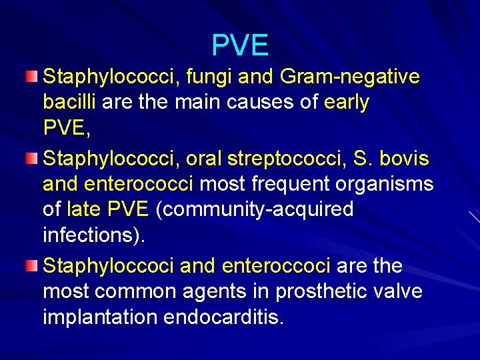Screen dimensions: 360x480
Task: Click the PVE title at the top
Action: [x=240, y=45]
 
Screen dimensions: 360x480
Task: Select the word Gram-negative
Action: [x=351, y=77]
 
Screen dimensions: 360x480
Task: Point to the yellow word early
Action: [x=346, y=103]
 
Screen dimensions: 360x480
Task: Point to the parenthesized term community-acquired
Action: [x=254, y=209]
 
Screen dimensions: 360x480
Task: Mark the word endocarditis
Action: [x=225, y=317]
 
